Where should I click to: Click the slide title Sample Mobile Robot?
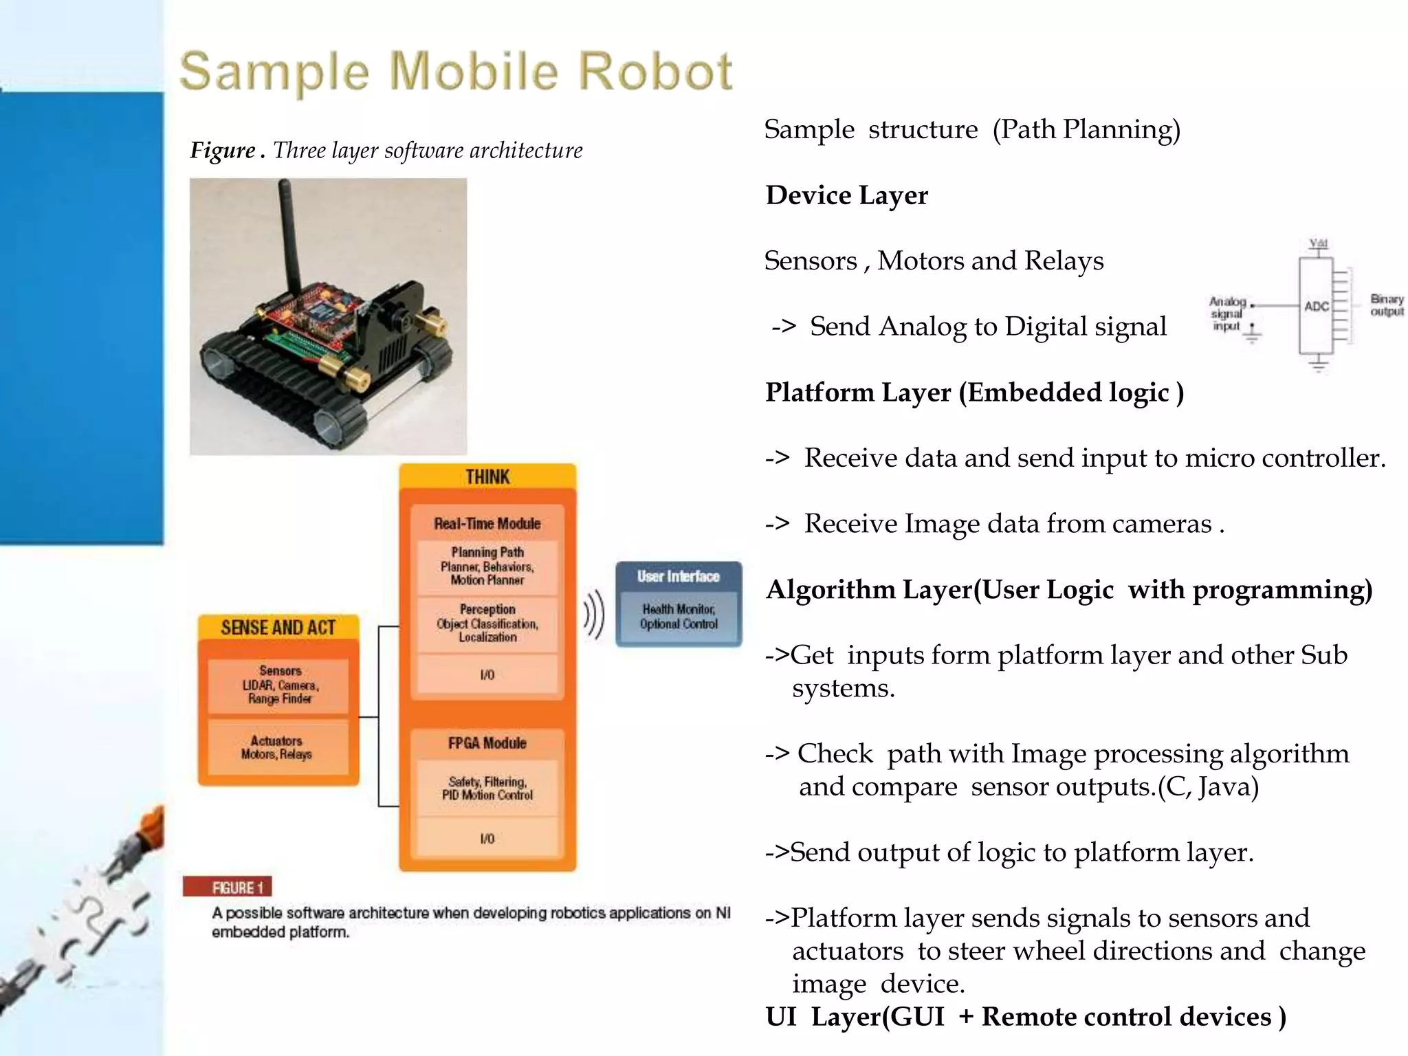pos(456,71)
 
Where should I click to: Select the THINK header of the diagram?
pos(487,476)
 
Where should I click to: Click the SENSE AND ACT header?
pos(278,627)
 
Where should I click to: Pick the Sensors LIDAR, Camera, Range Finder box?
pos(279,685)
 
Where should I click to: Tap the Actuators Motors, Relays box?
pos(276,747)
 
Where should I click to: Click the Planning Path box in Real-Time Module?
pos(487,566)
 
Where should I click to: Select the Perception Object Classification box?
pos(487,624)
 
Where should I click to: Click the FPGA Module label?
pos(487,743)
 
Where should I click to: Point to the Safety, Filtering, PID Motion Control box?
pos(487,789)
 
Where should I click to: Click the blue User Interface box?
pos(679,604)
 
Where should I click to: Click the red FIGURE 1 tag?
pos(228,887)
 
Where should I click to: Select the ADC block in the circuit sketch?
pos(1316,306)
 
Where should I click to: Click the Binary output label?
pos(1387,305)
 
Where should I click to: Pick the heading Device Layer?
pos(846,195)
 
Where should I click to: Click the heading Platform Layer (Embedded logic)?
pos(974,393)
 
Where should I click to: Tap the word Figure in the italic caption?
pos(223,151)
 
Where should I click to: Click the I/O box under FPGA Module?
pos(487,839)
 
